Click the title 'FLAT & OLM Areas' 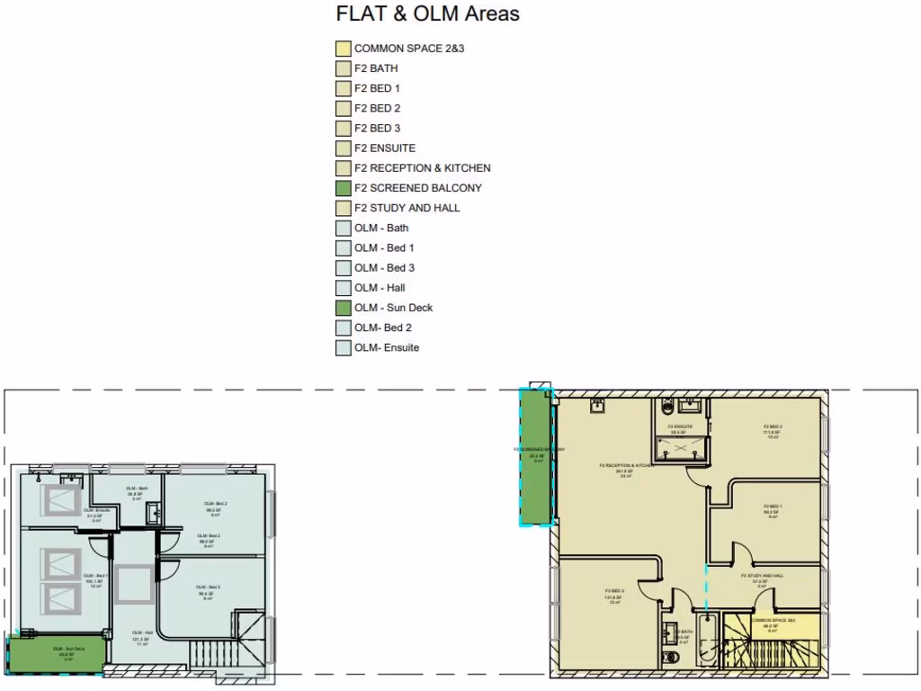pos(427,14)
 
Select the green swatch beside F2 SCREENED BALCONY pos(343,188)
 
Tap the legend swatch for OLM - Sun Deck pos(343,308)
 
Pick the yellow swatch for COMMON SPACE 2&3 pos(343,49)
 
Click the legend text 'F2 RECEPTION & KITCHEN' pos(422,168)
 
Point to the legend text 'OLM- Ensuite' pos(386,347)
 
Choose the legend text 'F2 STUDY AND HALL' pos(407,208)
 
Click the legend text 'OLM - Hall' pos(380,288)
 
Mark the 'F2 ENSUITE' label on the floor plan pos(679,427)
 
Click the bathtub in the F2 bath pos(706,641)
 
